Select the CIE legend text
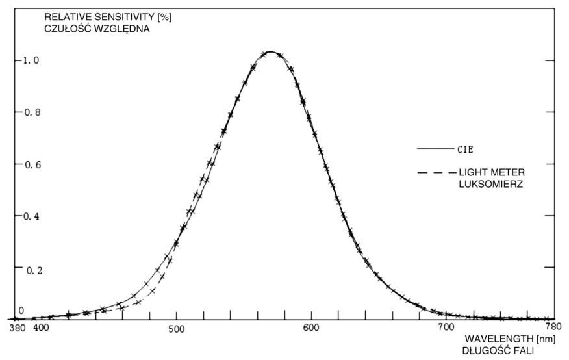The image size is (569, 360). pos(464,149)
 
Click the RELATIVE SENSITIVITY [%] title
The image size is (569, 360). pos(99,16)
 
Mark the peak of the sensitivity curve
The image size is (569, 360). pos(270,52)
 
